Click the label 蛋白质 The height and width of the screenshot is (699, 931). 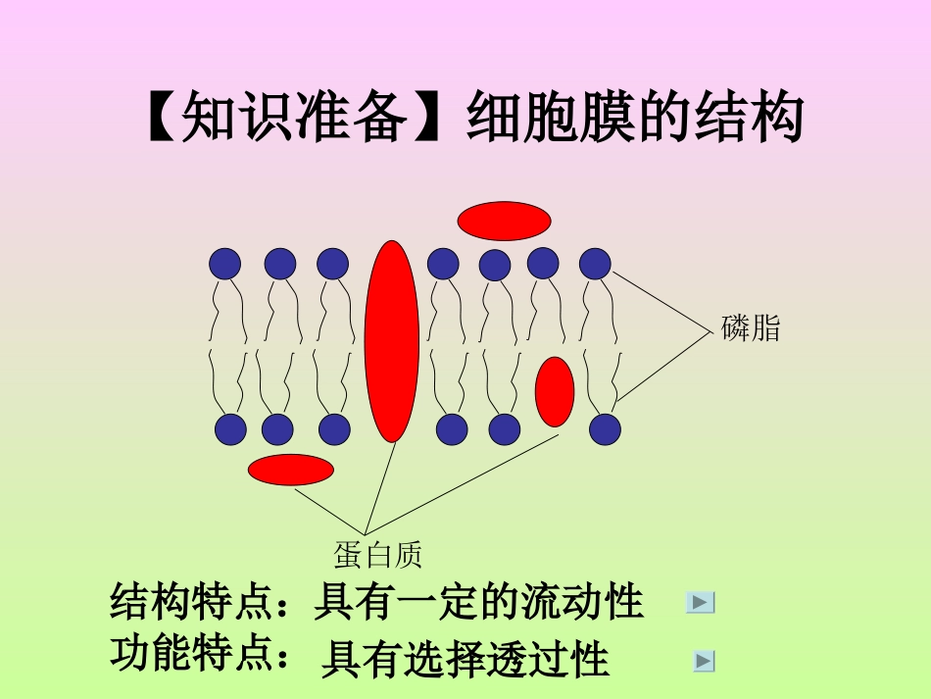[377, 556]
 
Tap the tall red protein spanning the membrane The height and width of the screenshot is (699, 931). [392, 340]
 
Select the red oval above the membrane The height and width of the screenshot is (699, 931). [504, 221]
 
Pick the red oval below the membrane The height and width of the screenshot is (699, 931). [291, 470]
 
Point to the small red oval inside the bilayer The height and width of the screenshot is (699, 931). [555, 391]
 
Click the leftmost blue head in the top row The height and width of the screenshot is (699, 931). [224, 264]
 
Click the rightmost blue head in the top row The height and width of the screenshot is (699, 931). [595, 264]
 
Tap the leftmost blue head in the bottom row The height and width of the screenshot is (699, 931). [230, 429]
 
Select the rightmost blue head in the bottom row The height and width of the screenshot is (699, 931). [605, 429]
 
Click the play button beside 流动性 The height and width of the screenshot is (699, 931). [700, 603]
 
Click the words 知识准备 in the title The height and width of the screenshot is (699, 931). [294, 120]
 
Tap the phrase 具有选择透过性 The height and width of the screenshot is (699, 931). [465, 660]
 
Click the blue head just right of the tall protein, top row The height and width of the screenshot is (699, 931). [443, 264]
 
